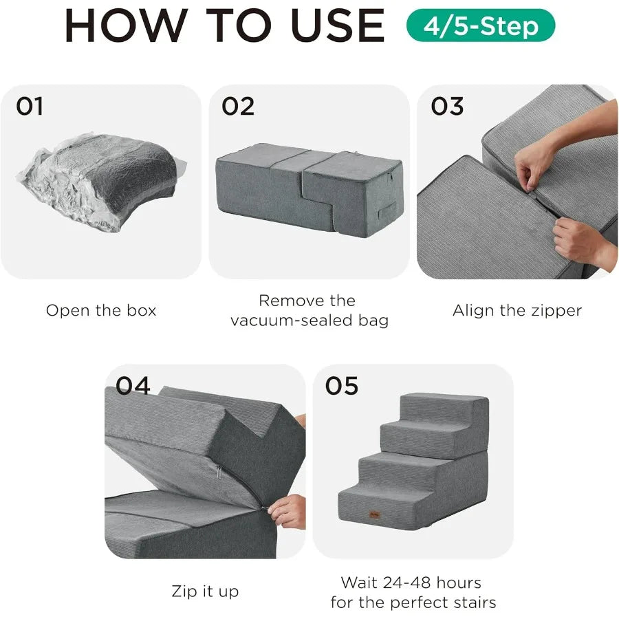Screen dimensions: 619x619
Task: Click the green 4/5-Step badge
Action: tap(480, 26)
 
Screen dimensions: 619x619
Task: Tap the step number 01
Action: tap(30, 107)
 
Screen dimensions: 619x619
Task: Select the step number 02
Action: tap(238, 107)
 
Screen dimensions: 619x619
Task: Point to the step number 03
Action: tap(447, 107)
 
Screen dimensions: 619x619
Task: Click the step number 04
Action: tap(133, 386)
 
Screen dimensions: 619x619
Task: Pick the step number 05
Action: tap(342, 386)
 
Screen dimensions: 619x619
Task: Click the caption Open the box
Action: tap(101, 310)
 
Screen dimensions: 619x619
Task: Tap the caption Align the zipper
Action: tap(517, 310)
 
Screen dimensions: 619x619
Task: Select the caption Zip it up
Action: tap(205, 591)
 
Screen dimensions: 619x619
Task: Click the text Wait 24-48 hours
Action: tap(411, 583)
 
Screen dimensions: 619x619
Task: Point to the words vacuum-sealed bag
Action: tap(309, 320)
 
